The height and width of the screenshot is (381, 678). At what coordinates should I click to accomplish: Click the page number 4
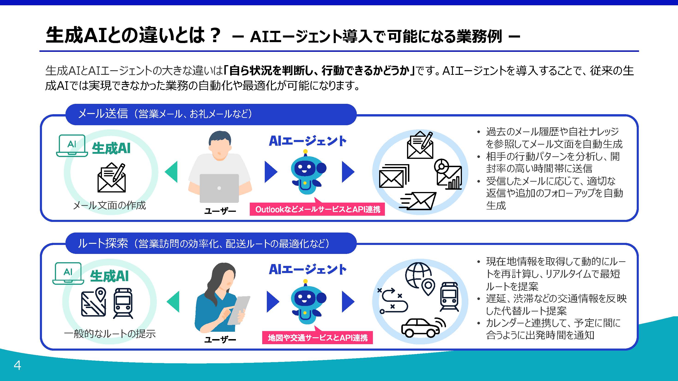tap(17, 366)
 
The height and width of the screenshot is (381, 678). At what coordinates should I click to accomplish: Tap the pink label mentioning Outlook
tap(317, 209)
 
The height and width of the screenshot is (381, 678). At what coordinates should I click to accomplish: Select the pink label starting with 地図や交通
tap(317, 338)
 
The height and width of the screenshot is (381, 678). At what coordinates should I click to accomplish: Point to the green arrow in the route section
tap(173, 301)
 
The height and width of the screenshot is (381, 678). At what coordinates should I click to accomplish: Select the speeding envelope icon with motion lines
tap(419, 201)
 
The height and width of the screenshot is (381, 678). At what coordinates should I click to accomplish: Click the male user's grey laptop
tap(219, 188)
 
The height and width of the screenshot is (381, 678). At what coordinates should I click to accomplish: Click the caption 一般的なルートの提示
tap(110, 334)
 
